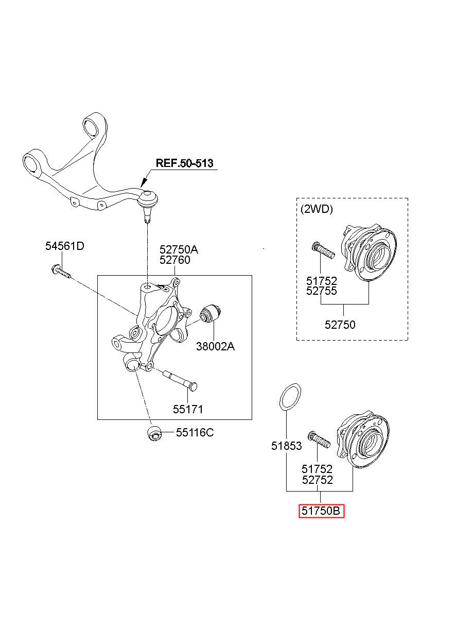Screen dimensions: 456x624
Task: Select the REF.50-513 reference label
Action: (x=184, y=163)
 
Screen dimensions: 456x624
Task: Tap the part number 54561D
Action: (x=65, y=246)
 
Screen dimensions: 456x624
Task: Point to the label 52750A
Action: (x=179, y=249)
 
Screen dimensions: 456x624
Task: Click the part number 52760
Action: (x=174, y=260)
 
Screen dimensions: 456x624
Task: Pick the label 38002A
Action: (x=215, y=347)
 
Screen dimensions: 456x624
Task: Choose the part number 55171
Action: (x=188, y=409)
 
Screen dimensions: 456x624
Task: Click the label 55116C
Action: (x=195, y=432)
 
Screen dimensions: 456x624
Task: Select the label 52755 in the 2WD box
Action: (x=322, y=291)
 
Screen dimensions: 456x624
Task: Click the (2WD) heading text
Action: (x=317, y=209)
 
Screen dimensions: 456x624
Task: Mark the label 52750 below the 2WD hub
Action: (x=340, y=325)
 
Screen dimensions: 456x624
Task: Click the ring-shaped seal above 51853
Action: (x=290, y=397)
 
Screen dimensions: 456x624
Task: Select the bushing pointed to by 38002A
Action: (x=211, y=313)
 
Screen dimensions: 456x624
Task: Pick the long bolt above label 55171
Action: (x=181, y=380)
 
